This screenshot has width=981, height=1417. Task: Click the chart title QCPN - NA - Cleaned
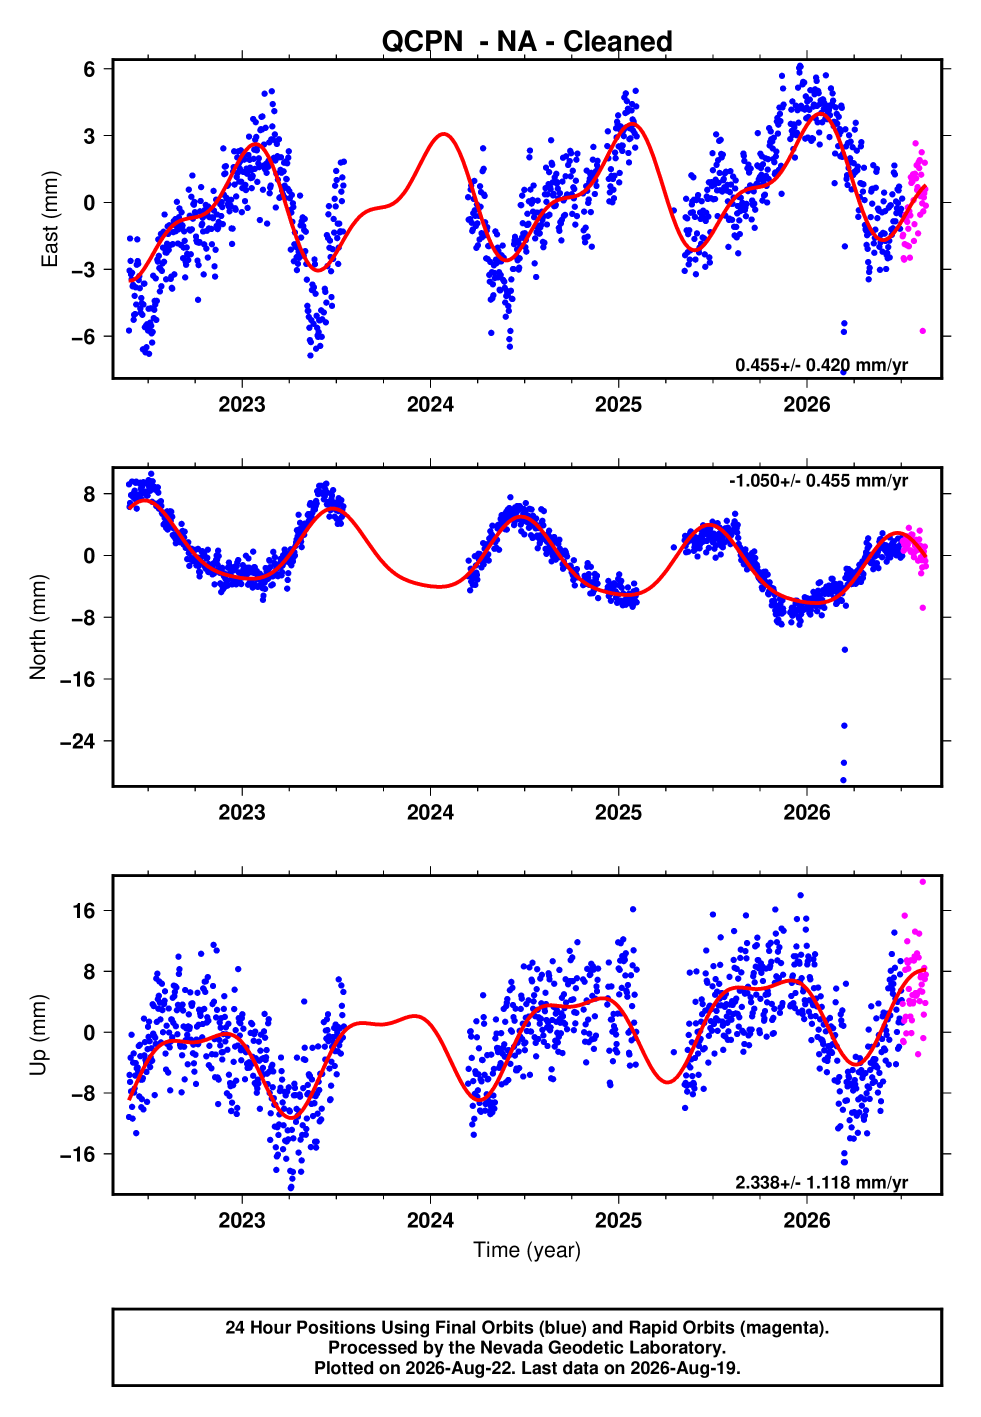(527, 42)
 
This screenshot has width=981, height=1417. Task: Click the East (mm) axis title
(49, 219)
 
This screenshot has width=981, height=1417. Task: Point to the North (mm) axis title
(38, 627)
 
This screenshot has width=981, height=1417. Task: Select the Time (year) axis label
(527, 1250)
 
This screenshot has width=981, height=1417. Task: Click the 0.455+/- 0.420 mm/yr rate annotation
(821, 365)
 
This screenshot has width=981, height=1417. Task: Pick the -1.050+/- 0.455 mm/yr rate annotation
(818, 480)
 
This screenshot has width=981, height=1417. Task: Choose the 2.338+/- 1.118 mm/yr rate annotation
(821, 1182)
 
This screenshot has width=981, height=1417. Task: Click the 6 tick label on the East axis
(89, 69)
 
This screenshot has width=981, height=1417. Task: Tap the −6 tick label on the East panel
(83, 336)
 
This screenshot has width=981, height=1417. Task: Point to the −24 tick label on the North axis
(78, 741)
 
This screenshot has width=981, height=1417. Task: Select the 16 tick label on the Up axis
(84, 910)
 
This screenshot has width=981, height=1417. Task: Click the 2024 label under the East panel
(430, 404)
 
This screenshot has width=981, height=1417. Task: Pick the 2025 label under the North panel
(618, 812)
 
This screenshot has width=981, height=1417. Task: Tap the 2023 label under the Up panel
(242, 1220)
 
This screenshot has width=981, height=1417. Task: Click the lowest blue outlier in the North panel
(843, 780)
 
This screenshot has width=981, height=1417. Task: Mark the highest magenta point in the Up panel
(922, 882)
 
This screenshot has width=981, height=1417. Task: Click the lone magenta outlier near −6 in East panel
(922, 331)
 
